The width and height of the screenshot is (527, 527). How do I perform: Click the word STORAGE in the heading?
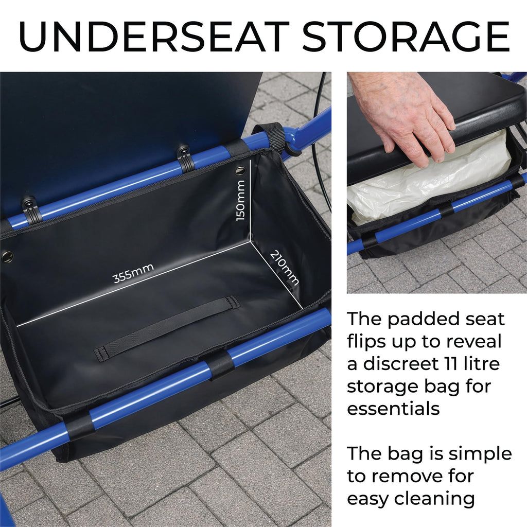[x=406, y=37]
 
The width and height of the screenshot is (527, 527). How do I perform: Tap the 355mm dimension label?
[x=133, y=273]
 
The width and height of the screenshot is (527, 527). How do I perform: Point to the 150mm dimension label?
[x=240, y=201]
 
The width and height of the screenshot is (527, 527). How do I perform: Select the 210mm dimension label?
[x=284, y=268]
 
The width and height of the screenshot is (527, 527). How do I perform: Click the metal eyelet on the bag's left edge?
[x=7, y=256]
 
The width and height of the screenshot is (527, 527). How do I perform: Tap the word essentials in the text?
[x=393, y=408]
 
